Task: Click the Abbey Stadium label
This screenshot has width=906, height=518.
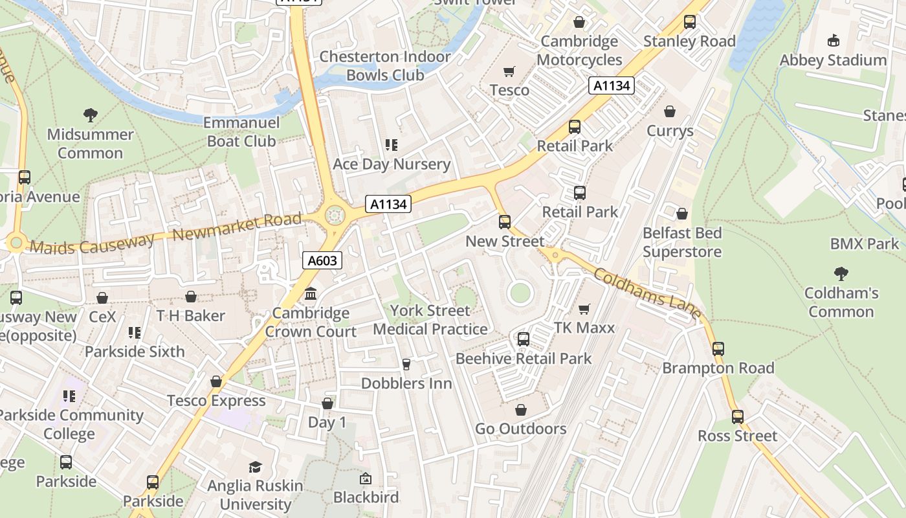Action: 833,60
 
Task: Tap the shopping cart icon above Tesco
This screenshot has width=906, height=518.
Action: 509,71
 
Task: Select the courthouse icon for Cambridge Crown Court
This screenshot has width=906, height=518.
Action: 311,294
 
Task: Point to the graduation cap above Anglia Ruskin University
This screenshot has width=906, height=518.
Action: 256,467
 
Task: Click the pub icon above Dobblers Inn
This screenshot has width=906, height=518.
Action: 406,365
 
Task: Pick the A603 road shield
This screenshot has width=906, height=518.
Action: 322,260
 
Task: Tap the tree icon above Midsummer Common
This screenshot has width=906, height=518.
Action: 91,116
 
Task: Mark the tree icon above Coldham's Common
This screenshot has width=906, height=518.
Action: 841,274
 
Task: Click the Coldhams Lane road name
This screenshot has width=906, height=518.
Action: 648,295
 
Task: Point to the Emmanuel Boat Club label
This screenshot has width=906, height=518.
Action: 241,131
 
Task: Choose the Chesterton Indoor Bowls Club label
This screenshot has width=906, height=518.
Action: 385,65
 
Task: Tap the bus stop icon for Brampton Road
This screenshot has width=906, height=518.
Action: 718,349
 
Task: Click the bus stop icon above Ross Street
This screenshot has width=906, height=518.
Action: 737,417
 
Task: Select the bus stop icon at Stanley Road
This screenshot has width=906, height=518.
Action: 690,23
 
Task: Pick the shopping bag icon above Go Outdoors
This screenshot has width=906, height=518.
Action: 521,410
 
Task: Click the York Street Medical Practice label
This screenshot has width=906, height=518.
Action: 430,320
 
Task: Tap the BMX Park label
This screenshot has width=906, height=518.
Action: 865,244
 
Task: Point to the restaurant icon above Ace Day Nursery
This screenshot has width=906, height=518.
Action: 391,145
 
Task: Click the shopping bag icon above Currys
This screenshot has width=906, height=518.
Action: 670,112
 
